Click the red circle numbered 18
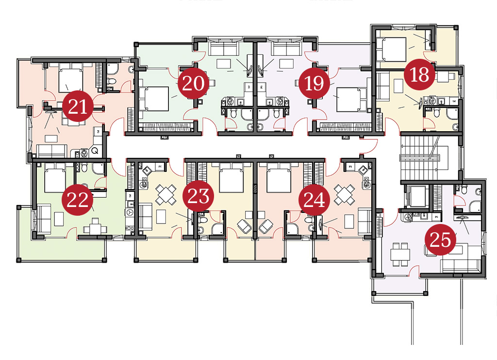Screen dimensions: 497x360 pos(419,74)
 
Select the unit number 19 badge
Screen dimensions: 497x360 pos(314,84)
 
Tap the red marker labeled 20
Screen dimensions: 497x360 pos(193,84)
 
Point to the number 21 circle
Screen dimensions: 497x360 pos(78,106)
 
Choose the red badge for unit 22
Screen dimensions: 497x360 pos(77,200)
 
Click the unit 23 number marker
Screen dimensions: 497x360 pos(199,196)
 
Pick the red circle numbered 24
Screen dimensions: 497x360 pos(314,200)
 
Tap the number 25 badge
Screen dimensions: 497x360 pos(440,240)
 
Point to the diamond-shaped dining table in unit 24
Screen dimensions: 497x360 pos(345,194)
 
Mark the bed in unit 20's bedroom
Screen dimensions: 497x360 pos(154,99)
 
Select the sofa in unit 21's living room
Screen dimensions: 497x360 pos(52,151)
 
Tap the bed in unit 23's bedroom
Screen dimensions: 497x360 pos(232,178)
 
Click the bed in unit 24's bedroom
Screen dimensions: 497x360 pos(279,178)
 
